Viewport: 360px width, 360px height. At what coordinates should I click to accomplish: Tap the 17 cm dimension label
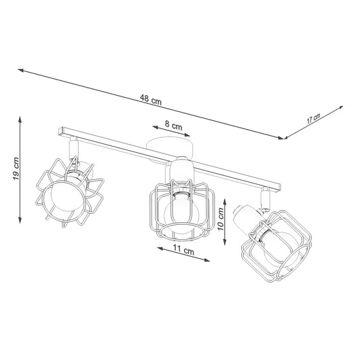click(x=313, y=119)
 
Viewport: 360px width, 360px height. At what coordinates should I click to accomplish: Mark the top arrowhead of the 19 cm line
click(x=21, y=115)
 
